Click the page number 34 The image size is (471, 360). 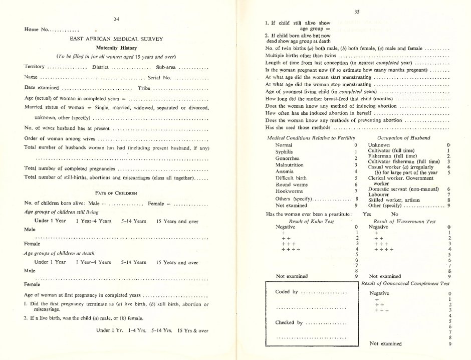[x=116, y=19]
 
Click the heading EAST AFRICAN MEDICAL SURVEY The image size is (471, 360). [x=116, y=38]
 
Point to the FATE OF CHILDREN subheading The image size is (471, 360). [x=116, y=191]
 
